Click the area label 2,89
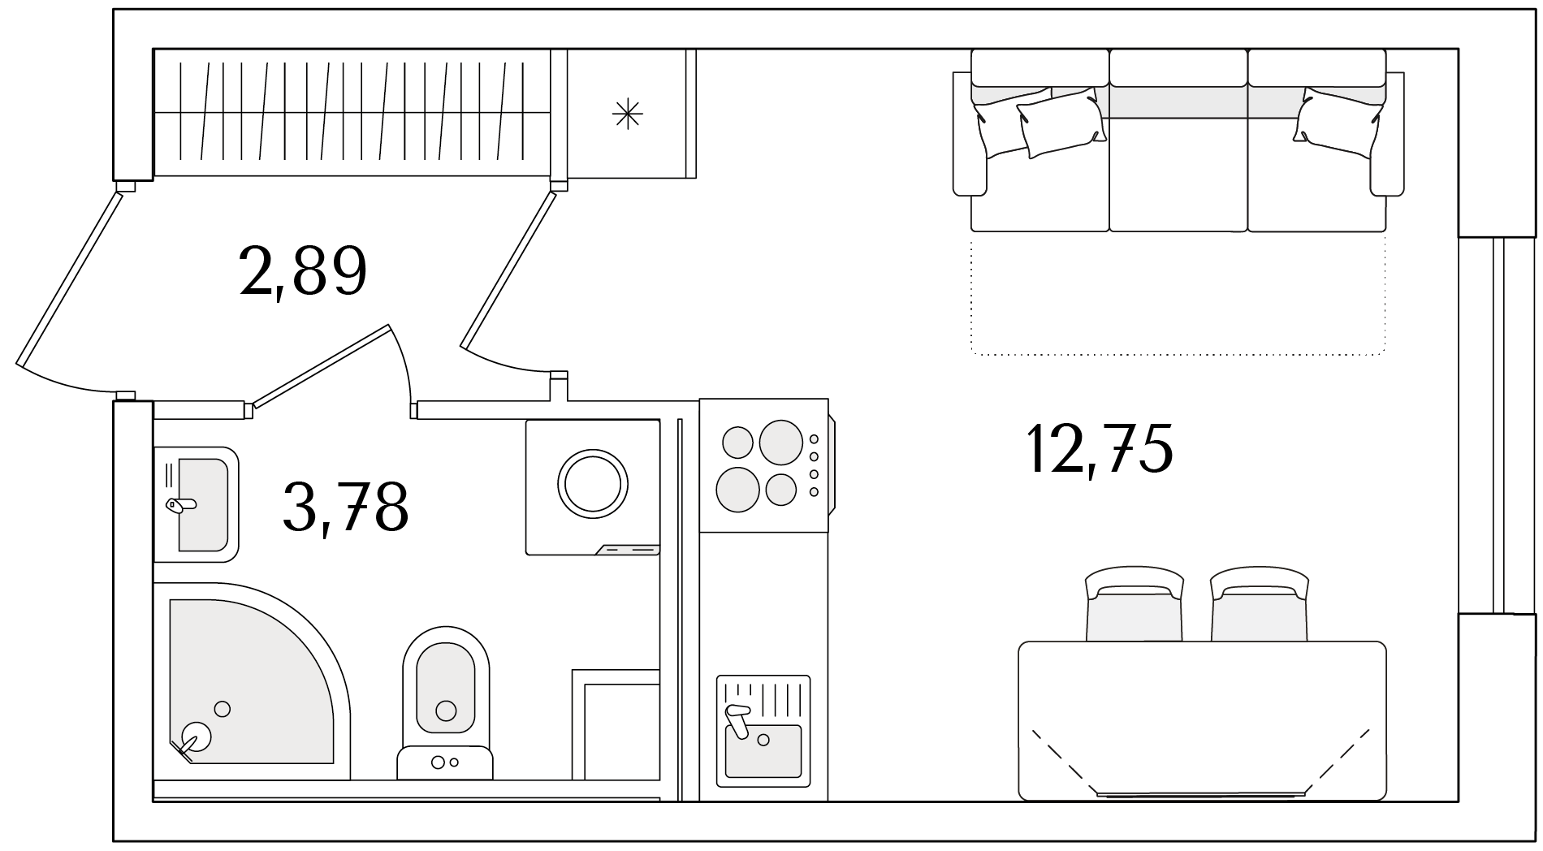(303, 272)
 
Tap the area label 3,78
(345, 507)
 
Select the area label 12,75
(1100, 448)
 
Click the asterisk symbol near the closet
(627, 114)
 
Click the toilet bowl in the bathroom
(446, 687)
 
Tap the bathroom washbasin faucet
(181, 505)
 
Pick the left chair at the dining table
(1135, 604)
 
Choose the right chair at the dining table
(1260, 604)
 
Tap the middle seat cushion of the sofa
(1178, 175)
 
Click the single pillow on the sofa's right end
(1338, 122)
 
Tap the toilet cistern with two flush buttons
(445, 762)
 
